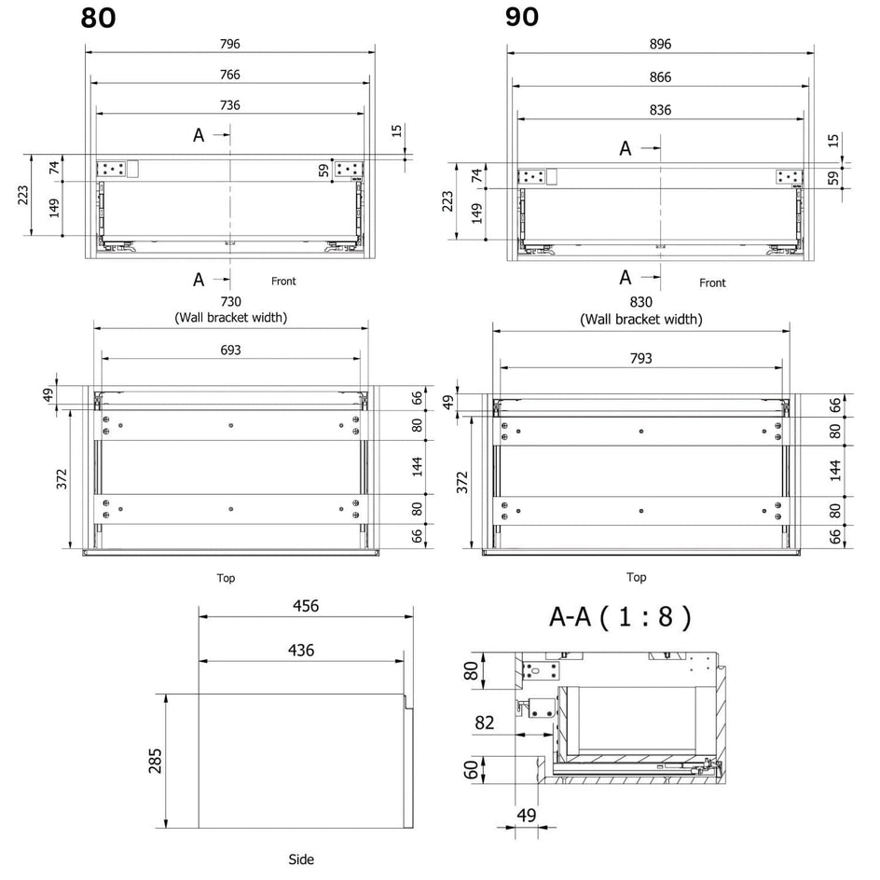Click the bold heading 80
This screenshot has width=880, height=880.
98,18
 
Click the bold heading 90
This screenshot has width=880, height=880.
522,17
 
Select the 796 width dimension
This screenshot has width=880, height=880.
230,44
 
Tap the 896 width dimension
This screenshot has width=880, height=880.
660,44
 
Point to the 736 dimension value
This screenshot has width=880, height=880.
230,105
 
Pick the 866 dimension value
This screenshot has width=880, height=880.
660,76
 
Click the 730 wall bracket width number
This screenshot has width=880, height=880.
230,302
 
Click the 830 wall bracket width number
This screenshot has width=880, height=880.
641,302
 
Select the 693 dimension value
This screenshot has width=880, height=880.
230,351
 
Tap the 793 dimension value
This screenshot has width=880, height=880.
641,358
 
